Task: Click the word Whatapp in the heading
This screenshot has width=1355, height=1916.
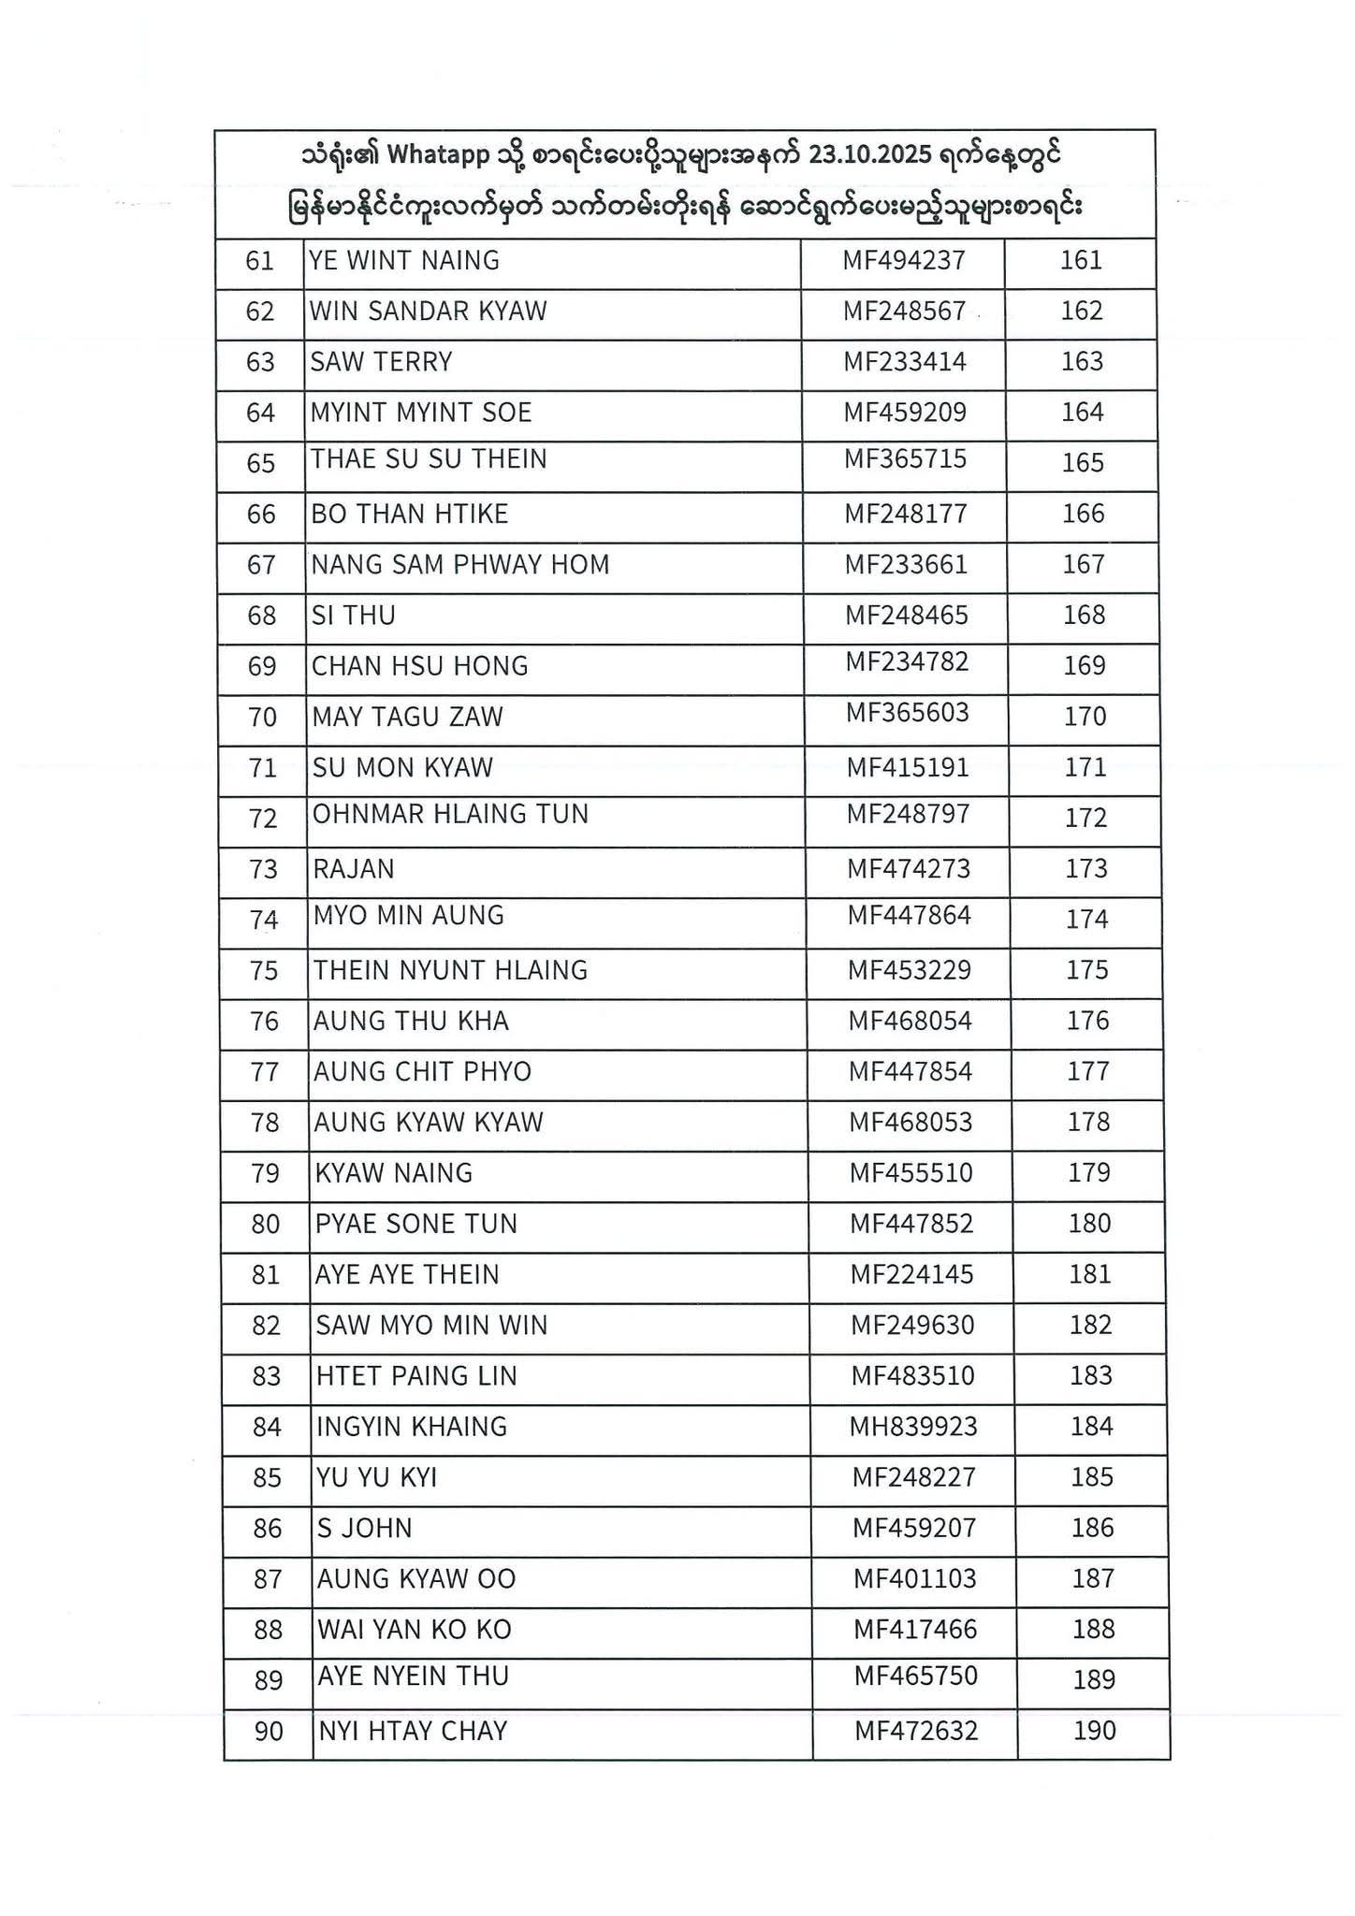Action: click(x=438, y=155)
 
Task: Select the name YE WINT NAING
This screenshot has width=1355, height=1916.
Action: click(x=404, y=260)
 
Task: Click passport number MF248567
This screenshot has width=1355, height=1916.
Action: click(x=904, y=311)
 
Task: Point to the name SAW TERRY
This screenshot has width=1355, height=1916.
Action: click(x=381, y=361)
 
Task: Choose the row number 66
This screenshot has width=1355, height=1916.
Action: click(x=261, y=514)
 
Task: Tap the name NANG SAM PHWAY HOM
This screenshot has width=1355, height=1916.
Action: click(x=460, y=564)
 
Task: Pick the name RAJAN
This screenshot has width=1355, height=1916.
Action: click(x=354, y=868)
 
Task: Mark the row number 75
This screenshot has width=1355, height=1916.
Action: click(x=264, y=970)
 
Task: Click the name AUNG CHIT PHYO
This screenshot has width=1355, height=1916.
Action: click(x=422, y=1071)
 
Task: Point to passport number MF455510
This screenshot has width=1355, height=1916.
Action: click(x=911, y=1172)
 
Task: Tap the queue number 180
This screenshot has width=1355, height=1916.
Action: click(x=1089, y=1223)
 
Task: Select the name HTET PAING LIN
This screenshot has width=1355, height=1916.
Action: click(x=416, y=1375)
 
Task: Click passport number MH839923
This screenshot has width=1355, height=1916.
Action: click(x=913, y=1426)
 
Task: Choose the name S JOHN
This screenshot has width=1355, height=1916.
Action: click(x=364, y=1528)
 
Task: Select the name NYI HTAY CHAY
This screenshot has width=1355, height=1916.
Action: click(x=413, y=1731)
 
